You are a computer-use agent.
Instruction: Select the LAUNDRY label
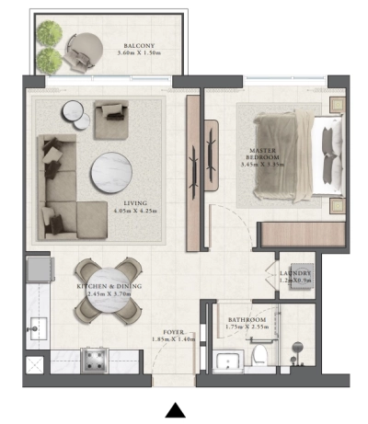tap(296, 273)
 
